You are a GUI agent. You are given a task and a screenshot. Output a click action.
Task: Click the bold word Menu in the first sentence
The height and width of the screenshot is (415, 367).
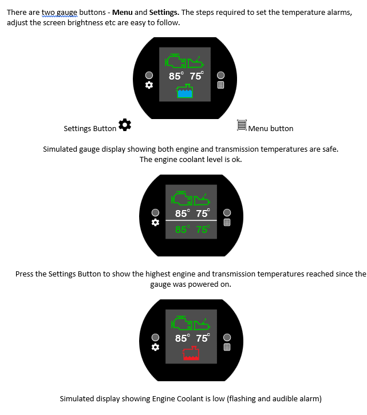click(123, 13)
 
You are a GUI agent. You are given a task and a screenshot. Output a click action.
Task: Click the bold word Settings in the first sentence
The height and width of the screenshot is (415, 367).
click(164, 13)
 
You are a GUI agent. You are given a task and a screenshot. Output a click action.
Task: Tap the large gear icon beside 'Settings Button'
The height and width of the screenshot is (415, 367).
click(125, 125)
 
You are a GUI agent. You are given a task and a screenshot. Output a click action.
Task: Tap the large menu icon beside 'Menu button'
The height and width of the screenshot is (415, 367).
click(242, 125)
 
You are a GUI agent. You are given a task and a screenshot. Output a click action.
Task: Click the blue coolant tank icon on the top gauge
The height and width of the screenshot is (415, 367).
click(184, 91)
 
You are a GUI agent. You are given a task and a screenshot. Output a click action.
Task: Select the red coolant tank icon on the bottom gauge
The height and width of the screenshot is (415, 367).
click(191, 353)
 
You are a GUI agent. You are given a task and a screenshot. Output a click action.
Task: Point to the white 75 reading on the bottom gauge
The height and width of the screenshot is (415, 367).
click(203, 338)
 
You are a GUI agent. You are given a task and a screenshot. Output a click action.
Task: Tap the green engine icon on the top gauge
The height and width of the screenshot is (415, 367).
click(175, 61)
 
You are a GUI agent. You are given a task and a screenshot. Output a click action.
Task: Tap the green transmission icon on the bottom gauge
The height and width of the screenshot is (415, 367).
click(202, 324)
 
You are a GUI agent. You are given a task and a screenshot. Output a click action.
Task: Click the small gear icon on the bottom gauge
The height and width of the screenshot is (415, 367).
click(155, 347)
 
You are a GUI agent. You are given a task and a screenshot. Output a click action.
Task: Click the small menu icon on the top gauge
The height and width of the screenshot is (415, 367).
click(220, 85)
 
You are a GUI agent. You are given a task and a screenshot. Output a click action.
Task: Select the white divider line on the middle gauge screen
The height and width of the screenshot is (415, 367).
click(191, 220)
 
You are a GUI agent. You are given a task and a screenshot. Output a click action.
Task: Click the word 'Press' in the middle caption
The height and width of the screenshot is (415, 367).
click(24, 274)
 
